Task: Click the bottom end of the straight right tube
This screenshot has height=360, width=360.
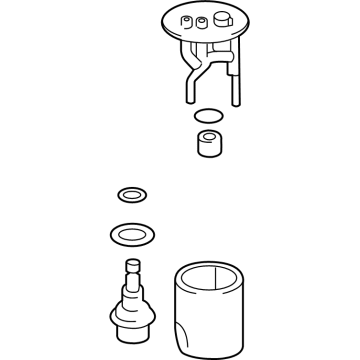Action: pos(236,98)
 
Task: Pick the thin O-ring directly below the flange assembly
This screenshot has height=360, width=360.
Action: pos(206,115)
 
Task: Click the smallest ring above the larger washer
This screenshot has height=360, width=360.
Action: pos(129,193)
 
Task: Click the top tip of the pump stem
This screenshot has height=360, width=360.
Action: pos(130,263)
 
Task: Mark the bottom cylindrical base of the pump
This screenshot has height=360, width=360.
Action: pos(132,338)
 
